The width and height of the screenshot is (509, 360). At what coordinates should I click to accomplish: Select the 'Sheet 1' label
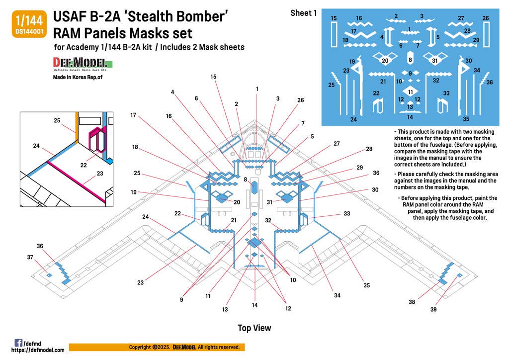pyautogui.click(x=303, y=13)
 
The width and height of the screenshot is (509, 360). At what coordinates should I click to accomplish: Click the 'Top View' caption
pyautogui.click(x=254, y=328)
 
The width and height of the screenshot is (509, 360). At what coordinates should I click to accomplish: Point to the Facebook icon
pyautogui.click(x=18, y=343)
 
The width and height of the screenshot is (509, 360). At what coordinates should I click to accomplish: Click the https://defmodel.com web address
pyautogui.click(x=38, y=350)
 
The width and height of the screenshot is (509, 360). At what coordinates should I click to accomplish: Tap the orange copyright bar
pyautogui.click(x=157, y=347)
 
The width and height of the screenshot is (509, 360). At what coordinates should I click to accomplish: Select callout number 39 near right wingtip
pyautogui.click(x=433, y=309)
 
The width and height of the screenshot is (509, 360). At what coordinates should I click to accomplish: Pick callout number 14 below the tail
pyautogui.click(x=255, y=305)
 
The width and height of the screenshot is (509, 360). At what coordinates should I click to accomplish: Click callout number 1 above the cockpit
pyautogui.click(x=257, y=89)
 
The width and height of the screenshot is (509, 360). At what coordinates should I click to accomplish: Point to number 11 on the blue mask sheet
pyautogui.click(x=410, y=92)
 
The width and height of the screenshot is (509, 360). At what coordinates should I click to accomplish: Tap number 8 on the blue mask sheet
pyautogui.click(x=410, y=60)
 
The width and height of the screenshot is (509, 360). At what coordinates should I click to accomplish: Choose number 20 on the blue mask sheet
pyautogui.click(x=384, y=61)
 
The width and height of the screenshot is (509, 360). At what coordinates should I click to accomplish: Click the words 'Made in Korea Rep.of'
pyautogui.click(x=79, y=77)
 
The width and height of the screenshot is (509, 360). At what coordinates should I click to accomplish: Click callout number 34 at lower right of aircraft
pyautogui.click(x=337, y=296)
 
